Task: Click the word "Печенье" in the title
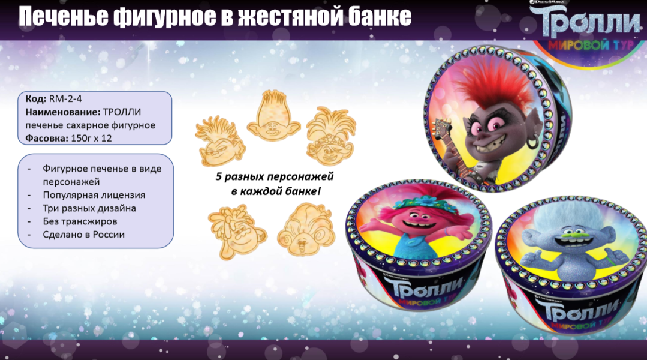pyautogui.click(x=64, y=17)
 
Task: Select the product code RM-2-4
pyautogui.click(x=65, y=98)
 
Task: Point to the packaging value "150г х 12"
pyautogui.click(x=91, y=139)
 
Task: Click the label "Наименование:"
pyautogui.click(x=63, y=112)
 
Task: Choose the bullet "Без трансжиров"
pyautogui.click(x=80, y=221)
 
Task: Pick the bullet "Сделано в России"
pyautogui.click(x=84, y=235)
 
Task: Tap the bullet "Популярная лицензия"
pyautogui.click(x=94, y=195)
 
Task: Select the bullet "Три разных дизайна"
pyautogui.click(x=89, y=208)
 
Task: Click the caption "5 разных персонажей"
pyautogui.click(x=275, y=176)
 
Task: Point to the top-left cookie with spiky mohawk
pyautogui.click(x=220, y=141)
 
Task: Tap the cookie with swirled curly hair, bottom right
pyautogui.click(x=306, y=229)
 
